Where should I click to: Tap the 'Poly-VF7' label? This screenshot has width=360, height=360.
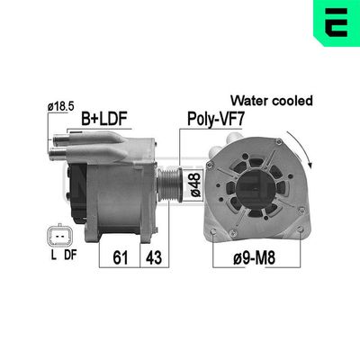coord(213,118)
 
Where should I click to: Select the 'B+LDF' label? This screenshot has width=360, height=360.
coord(105,118)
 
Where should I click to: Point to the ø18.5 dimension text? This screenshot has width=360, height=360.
coord(60,106)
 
